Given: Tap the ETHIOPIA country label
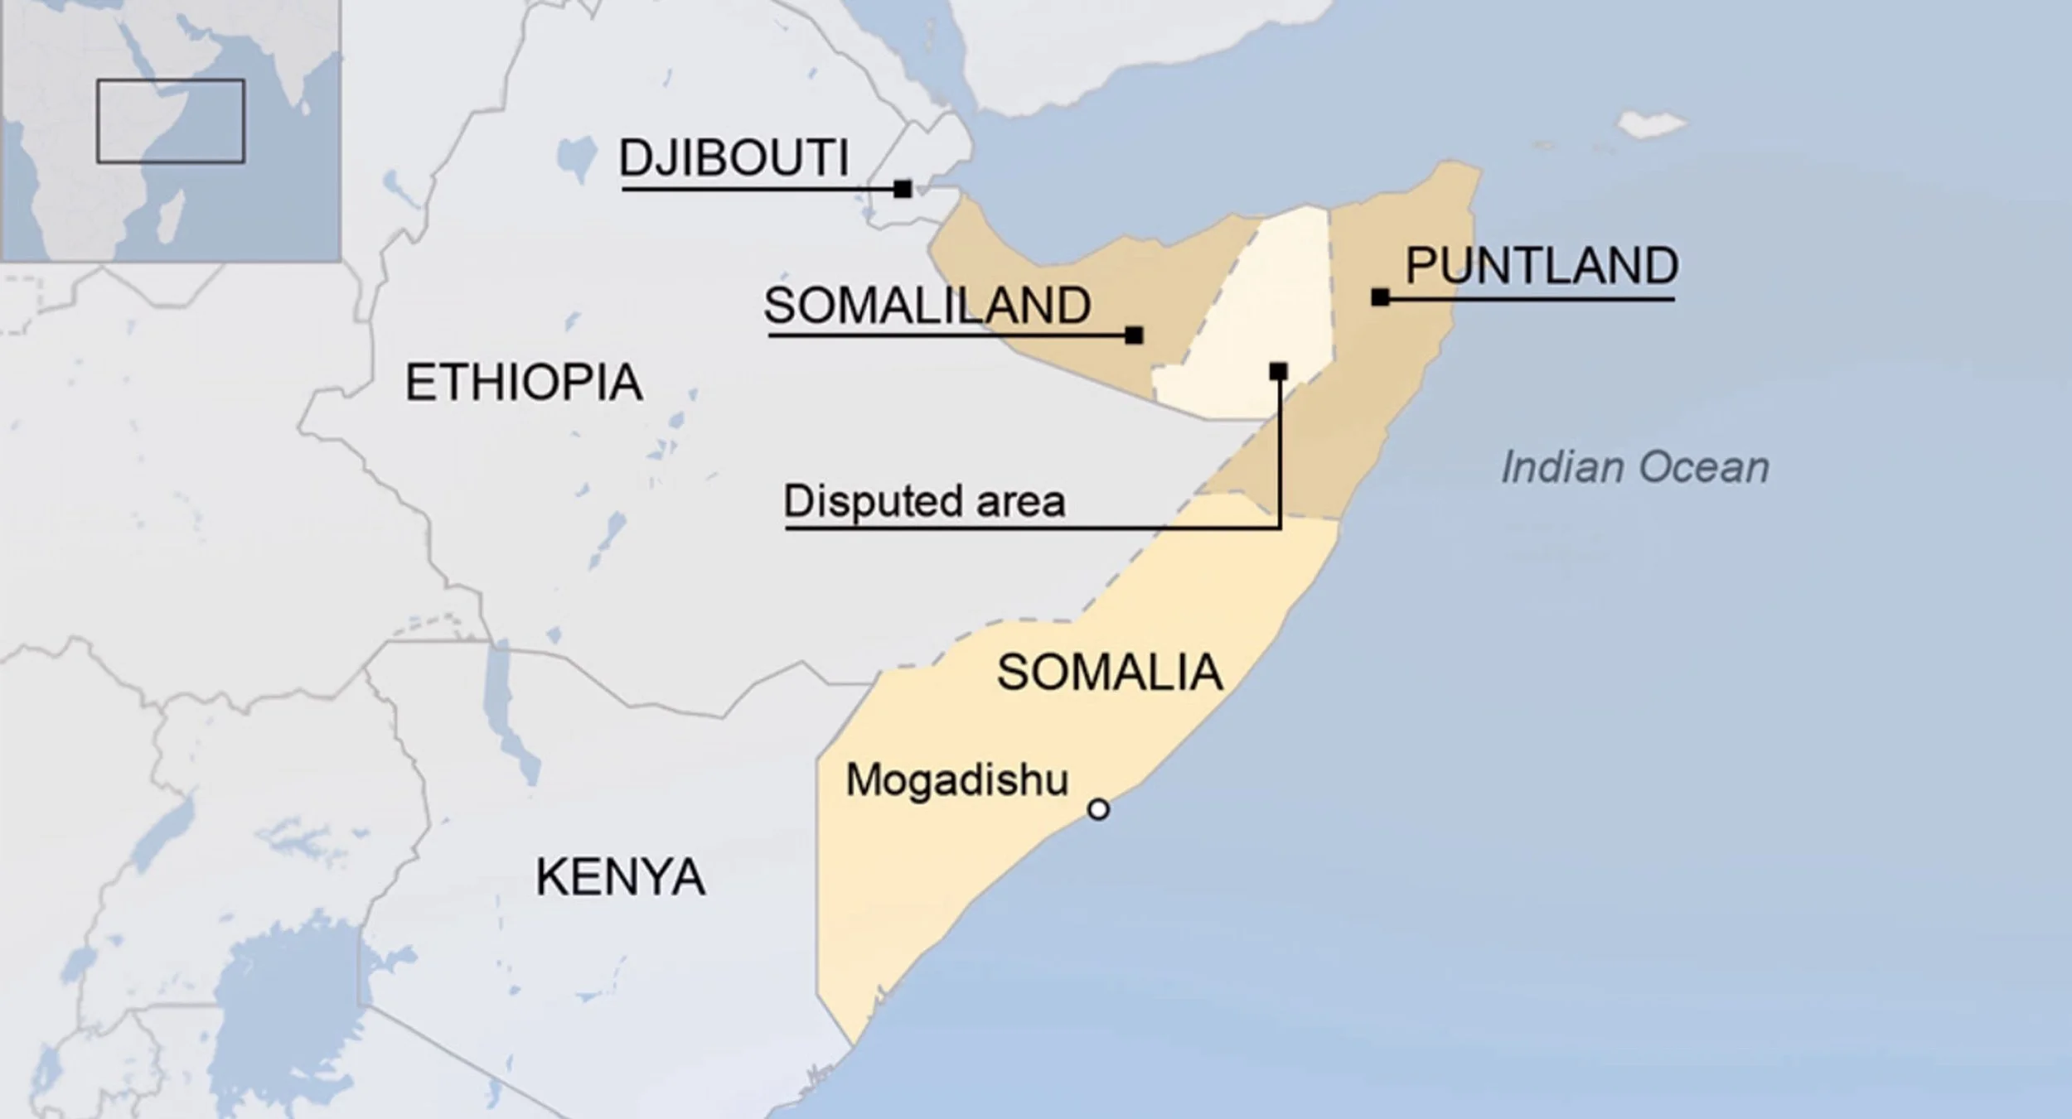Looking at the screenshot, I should (523, 383).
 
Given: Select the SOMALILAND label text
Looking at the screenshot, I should (927, 306).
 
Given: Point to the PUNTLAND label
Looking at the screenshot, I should (1542, 266).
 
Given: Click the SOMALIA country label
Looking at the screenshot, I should (1109, 672).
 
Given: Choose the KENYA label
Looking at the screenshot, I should (620, 877).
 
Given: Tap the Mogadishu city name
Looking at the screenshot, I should (956, 780).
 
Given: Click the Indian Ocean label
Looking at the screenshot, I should (1634, 467).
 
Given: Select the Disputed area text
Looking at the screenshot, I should (924, 501).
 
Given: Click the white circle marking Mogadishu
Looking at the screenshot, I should (1098, 809).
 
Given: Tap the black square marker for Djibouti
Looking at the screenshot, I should (903, 190).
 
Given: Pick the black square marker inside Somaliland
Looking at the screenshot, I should (1134, 335).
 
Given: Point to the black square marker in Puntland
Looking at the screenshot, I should (1380, 297).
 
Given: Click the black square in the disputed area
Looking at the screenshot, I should (1278, 372).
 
